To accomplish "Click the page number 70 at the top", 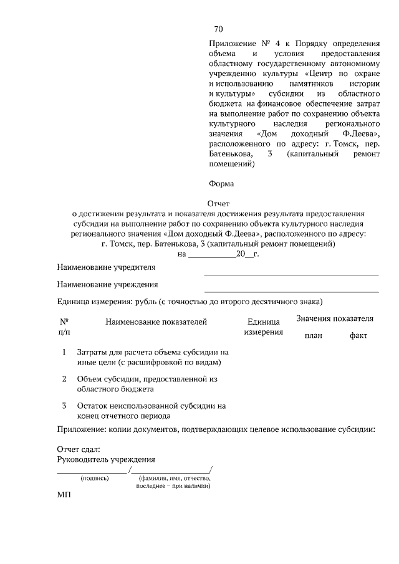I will tap(218, 29).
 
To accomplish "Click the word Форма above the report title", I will tap(221, 184).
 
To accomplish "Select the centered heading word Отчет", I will tap(218, 203).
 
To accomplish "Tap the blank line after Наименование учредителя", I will tap(291, 274).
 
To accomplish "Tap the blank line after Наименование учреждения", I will tap(291, 291).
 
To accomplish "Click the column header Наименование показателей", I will tap(156, 322).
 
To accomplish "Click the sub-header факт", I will tap(358, 336).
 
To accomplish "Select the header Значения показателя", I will tap(335, 318).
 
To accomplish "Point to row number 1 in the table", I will tap(64, 352).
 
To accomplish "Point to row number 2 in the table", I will tap(64, 379).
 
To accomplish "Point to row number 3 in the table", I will tap(64, 406).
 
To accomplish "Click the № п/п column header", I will tap(64, 327).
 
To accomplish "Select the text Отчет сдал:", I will tap(79, 449).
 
